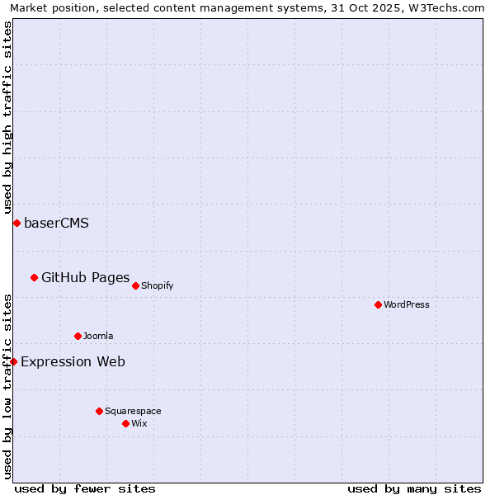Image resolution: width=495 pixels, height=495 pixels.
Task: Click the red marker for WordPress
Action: click(378, 304)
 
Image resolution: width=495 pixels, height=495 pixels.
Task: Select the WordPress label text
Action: click(407, 304)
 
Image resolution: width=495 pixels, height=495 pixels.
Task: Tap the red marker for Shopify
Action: click(135, 285)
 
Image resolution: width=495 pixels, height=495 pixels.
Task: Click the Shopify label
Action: click(157, 285)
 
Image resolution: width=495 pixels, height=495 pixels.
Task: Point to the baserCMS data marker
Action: click(16, 223)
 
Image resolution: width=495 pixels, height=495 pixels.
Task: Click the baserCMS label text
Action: click(56, 223)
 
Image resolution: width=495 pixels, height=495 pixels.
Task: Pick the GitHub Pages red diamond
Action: click(34, 277)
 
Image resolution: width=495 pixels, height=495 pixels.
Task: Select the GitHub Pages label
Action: click(85, 277)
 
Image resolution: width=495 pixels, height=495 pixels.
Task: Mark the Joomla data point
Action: click(78, 336)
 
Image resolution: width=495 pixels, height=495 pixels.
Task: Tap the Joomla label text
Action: click(98, 336)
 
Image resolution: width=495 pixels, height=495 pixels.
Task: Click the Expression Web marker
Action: click(13, 361)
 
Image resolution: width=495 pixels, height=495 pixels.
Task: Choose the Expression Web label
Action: click(73, 361)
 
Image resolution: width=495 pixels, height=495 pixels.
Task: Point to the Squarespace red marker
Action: click(99, 411)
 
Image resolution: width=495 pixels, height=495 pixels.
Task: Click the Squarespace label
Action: click(133, 411)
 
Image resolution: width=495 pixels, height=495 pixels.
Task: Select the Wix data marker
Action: click(125, 423)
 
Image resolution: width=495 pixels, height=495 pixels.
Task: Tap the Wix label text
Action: click(139, 423)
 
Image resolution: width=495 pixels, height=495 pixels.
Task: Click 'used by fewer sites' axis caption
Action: click(85, 488)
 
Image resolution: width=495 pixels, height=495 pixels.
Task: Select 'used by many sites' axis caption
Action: click(414, 488)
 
